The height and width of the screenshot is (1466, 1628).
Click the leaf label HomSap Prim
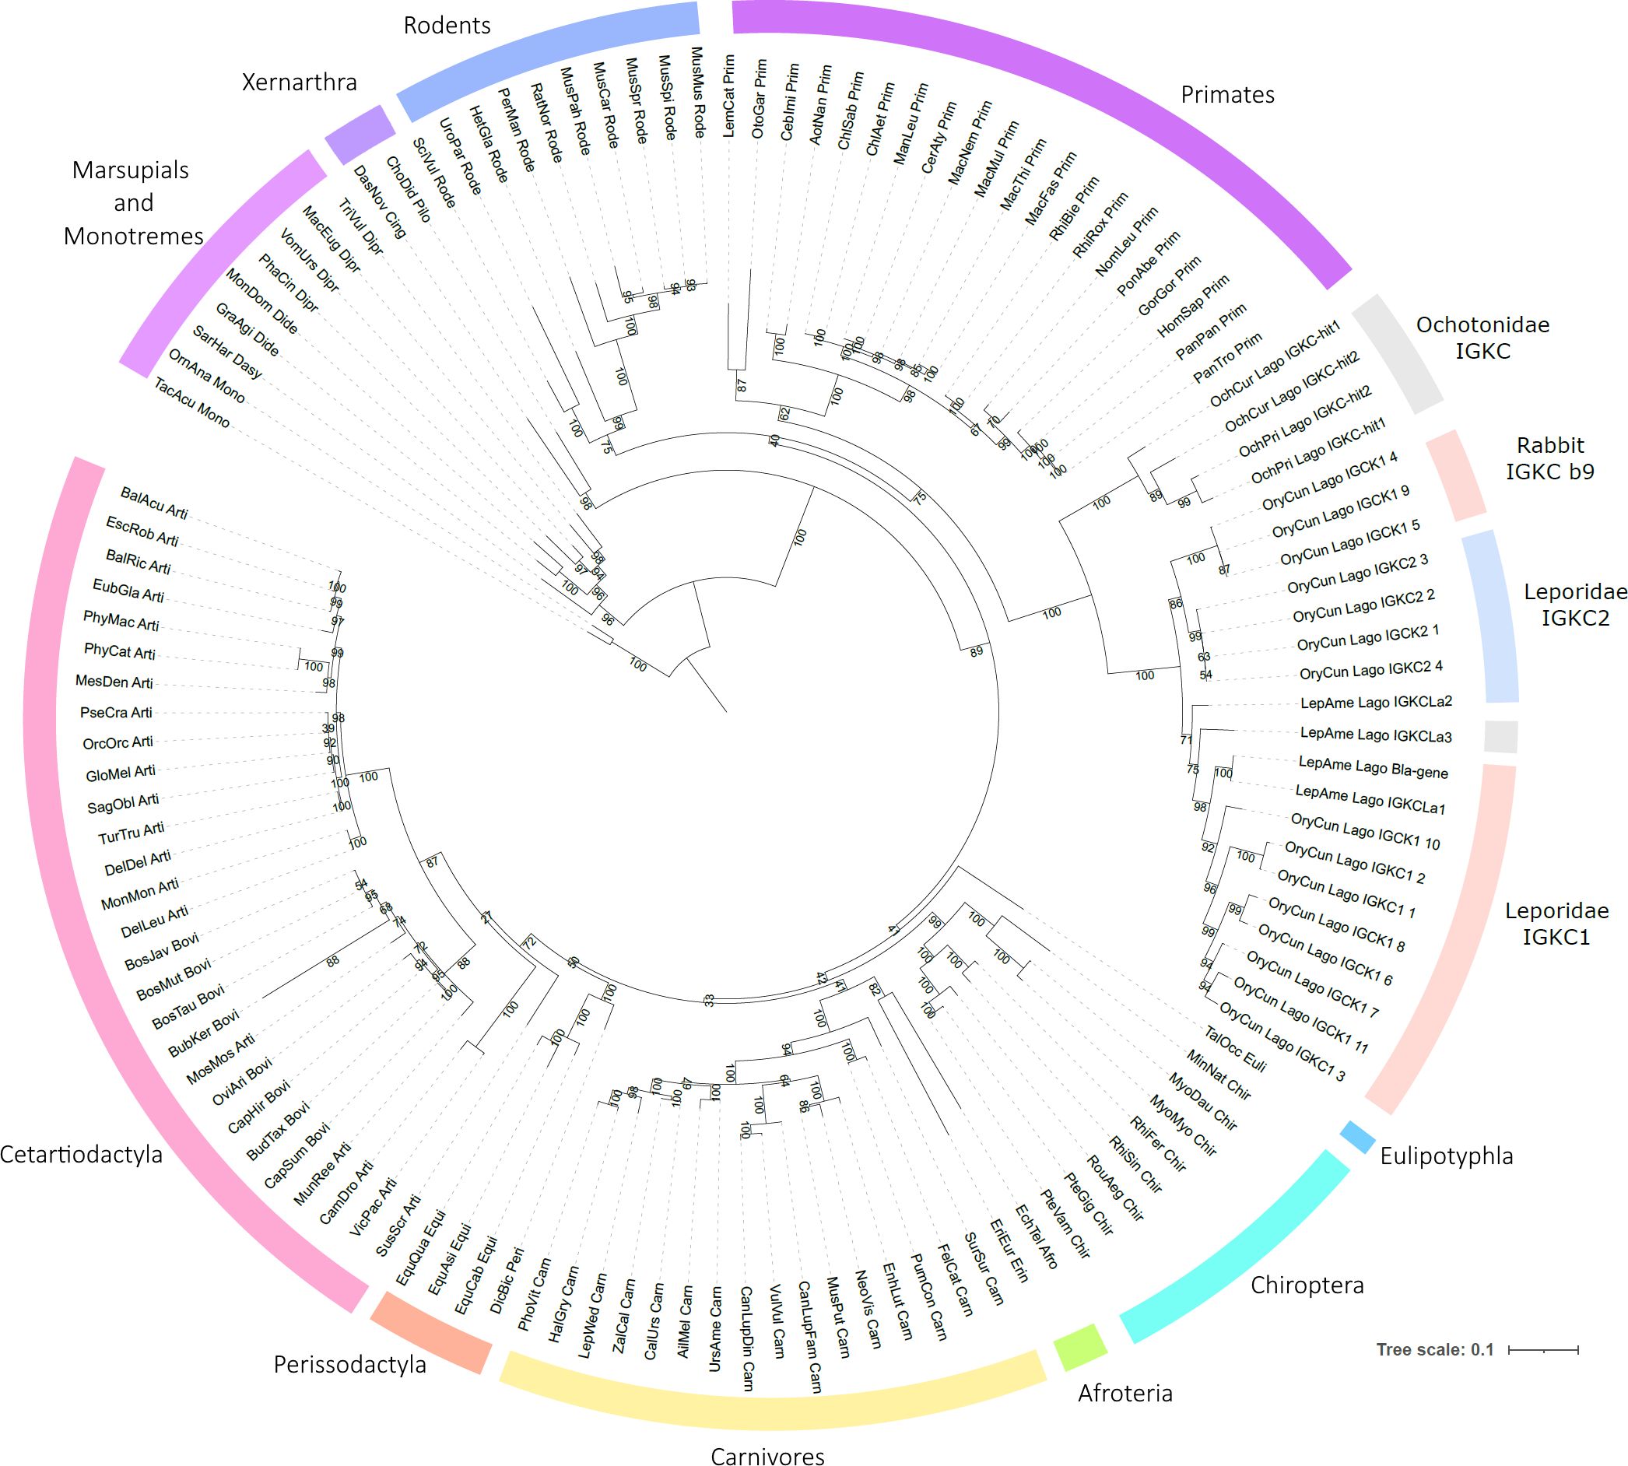[1193, 306]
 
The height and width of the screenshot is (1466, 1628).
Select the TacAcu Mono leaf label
[191, 403]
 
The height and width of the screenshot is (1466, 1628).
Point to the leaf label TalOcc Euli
[1236, 1050]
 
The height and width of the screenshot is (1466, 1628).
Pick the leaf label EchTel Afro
[1036, 1236]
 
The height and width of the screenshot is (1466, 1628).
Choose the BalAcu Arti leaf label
[154, 503]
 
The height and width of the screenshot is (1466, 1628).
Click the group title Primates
[1227, 95]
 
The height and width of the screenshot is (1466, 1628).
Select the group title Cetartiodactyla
[81, 1154]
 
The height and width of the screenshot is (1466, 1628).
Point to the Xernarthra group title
[299, 82]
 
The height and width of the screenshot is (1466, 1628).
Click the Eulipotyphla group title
[1446, 1156]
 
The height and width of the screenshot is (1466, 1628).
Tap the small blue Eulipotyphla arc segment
[1357, 1136]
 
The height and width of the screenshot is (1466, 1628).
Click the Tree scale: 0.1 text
[1435, 1349]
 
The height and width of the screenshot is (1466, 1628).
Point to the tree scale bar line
[1542, 1349]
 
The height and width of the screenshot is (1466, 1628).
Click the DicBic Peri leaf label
[507, 1280]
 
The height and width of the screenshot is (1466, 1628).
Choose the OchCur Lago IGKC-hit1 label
[1275, 363]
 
